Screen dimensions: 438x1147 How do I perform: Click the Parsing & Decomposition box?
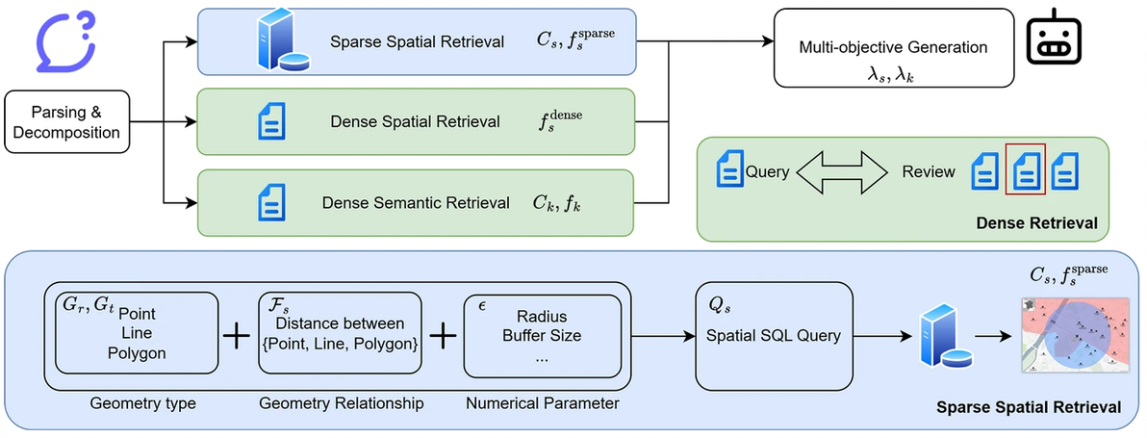tap(67, 122)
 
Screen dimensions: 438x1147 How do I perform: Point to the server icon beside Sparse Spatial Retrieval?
tap(273, 41)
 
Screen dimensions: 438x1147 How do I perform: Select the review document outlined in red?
tap(1025, 170)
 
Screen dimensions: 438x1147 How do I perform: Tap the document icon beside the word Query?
tap(730, 171)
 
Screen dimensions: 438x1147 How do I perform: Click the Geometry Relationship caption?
tap(341, 403)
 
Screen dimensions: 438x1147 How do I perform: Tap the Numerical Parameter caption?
tap(542, 403)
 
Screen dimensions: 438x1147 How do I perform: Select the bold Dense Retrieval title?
tap(1036, 223)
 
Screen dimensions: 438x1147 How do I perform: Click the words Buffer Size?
tap(542, 336)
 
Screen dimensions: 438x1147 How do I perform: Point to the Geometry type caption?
tap(142, 403)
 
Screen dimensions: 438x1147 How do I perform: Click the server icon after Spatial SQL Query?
tap(936, 337)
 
